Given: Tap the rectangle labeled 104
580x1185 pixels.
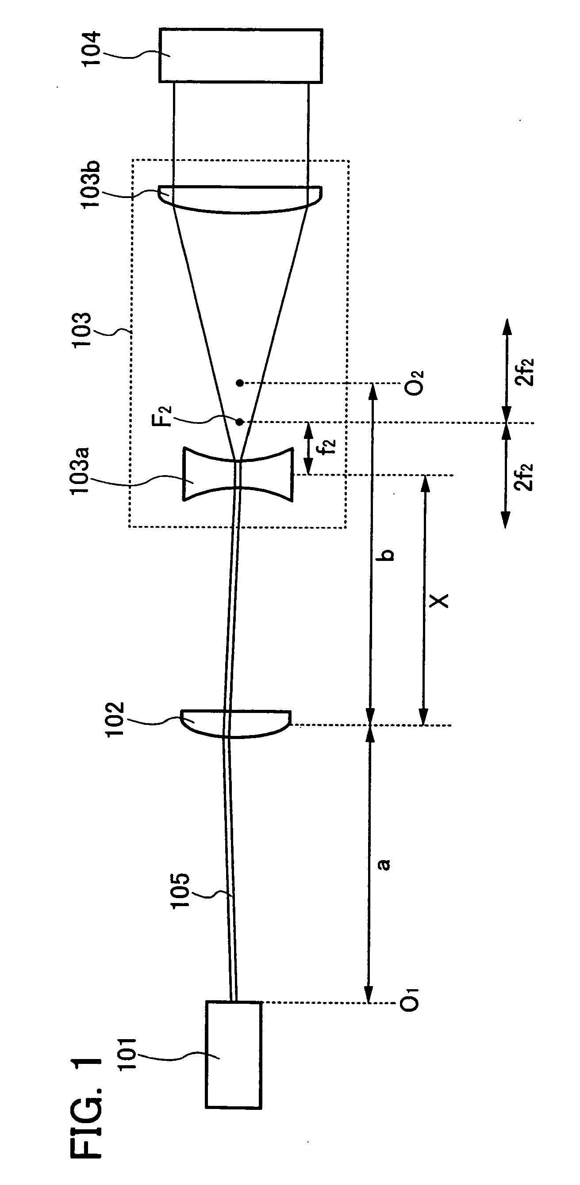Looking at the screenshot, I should coord(240,55).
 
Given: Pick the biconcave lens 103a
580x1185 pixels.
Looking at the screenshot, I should coord(238,474).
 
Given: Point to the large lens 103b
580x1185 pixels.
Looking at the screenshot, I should coord(240,199).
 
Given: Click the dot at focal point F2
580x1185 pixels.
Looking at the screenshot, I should coord(239,421).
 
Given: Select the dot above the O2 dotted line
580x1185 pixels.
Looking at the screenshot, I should coord(239,382).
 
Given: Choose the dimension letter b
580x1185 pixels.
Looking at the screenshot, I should coord(388,554).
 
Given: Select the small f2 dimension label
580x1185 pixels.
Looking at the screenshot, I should coord(328,446).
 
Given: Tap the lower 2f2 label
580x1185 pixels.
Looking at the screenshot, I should coord(524,476).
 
